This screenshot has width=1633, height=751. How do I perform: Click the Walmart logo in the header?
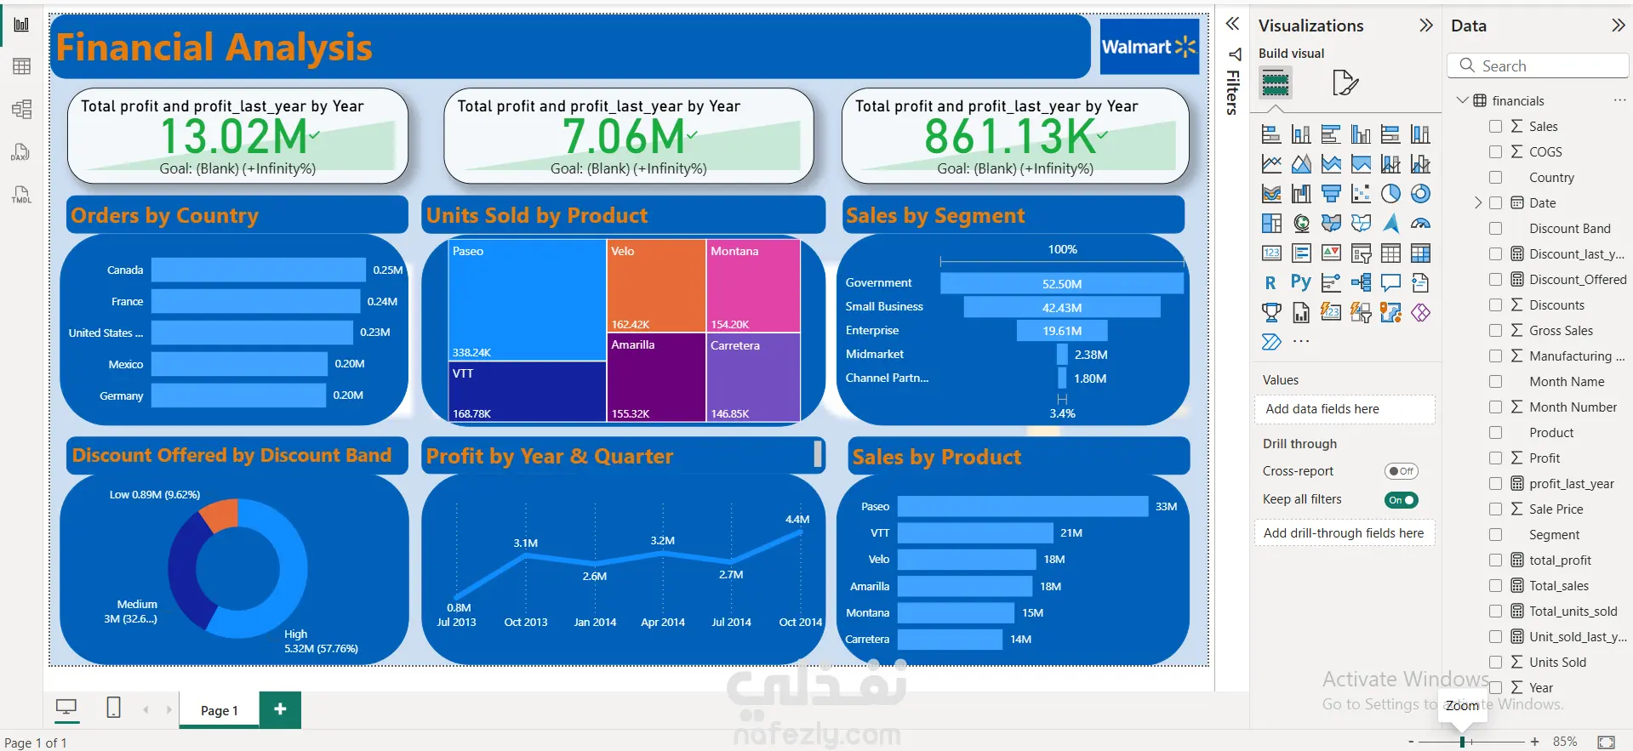click(1149, 47)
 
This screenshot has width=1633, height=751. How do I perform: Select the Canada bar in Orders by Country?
click(258, 270)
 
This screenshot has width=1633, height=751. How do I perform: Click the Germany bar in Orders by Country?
click(238, 395)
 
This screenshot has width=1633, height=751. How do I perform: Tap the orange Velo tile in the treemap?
click(655, 285)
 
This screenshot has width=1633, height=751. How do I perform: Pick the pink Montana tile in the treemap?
click(752, 285)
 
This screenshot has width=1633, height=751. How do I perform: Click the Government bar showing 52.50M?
click(1061, 283)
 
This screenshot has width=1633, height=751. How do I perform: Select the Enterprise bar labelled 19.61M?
click(1061, 331)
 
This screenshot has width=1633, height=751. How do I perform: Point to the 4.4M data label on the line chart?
click(797, 519)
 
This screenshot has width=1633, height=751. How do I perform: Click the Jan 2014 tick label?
click(595, 623)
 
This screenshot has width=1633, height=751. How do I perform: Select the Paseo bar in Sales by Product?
click(1022, 507)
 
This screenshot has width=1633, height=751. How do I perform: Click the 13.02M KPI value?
click(234, 136)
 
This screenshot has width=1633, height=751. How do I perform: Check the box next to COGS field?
click(1495, 152)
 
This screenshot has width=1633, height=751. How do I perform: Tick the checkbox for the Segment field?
click(1495, 535)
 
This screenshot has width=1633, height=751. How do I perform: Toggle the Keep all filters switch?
click(1401, 500)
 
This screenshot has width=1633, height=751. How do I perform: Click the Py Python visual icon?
click(1300, 282)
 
